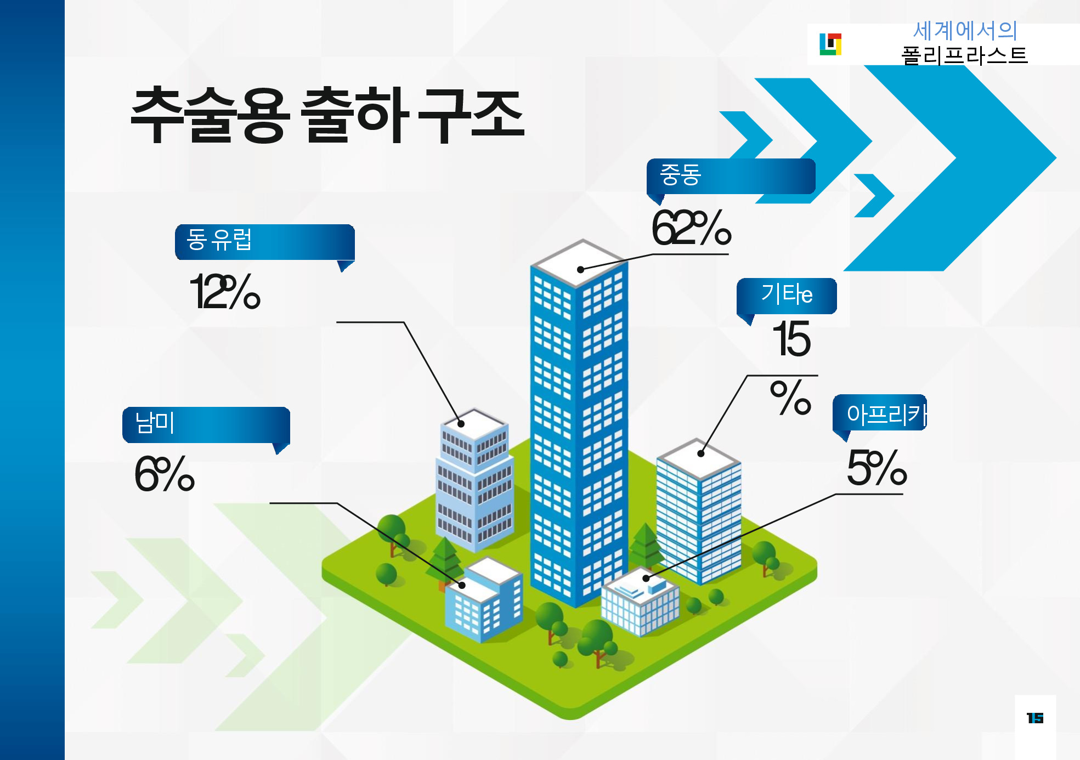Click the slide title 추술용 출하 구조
327,115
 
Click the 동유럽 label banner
265,242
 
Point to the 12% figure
225,291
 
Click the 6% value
165,473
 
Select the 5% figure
877,468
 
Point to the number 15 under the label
791,339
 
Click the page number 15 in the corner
1035,718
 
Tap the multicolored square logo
830,44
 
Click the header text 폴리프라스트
964,55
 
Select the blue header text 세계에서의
965,31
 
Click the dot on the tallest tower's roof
580,269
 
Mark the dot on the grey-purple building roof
461,424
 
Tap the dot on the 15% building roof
700,453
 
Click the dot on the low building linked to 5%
646,578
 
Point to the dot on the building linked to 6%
462,585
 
